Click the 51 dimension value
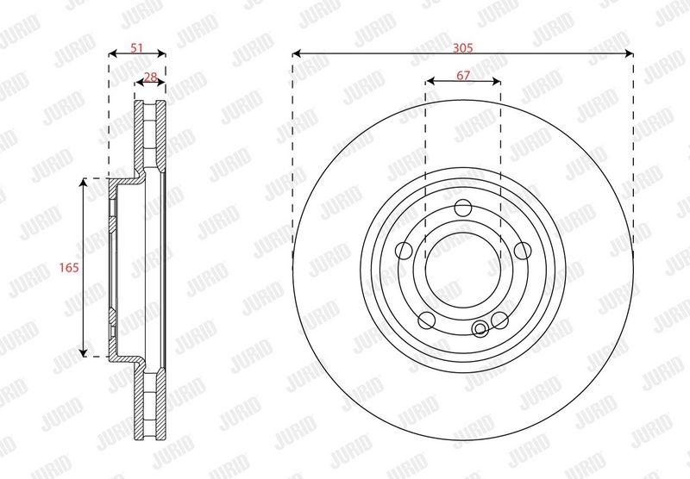click(137, 47)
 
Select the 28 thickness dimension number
click(150, 77)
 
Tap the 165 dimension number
click(69, 267)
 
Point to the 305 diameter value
click(463, 47)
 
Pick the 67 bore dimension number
click(463, 75)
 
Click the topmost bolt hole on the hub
click(463, 208)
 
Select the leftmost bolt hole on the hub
click(404, 251)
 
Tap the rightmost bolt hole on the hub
click(523, 251)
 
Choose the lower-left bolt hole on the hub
click(426, 320)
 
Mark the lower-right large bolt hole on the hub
click(499, 320)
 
